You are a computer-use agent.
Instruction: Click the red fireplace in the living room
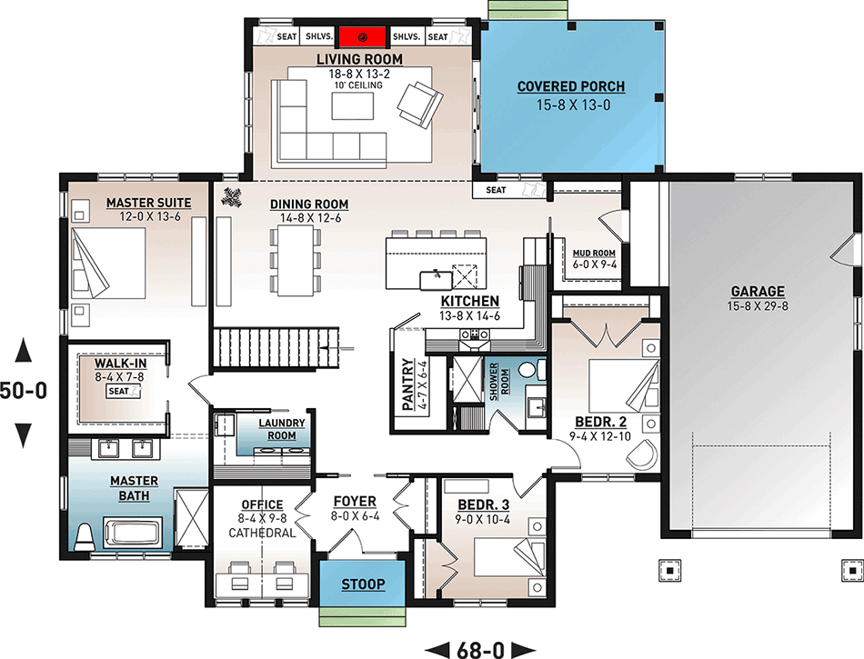pos(362,37)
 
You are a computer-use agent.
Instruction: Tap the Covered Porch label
pos(571,86)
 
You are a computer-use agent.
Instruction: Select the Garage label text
pos(758,291)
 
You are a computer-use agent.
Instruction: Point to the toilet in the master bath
pos(85,537)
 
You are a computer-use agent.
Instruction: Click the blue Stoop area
pos(363,584)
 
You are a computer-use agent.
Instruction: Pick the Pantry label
pos(407,384)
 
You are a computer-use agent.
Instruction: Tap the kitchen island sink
pos(436,280)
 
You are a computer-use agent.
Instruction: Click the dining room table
pos(296,261)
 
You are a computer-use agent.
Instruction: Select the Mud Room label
pos(594,254)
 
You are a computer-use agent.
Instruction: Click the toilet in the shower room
pos(532,369)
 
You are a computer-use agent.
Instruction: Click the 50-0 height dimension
pos(23,391)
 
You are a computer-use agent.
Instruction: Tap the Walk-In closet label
pos(121,364)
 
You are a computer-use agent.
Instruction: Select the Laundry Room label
pos(282,429)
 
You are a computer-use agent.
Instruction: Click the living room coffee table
pos(353,105)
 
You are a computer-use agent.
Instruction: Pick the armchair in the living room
pos(420,104)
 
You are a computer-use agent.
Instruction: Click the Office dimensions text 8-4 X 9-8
pos(262,518)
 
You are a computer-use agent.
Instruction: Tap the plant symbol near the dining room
pos(232,197)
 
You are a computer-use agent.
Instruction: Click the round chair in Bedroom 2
pos(642,454)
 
